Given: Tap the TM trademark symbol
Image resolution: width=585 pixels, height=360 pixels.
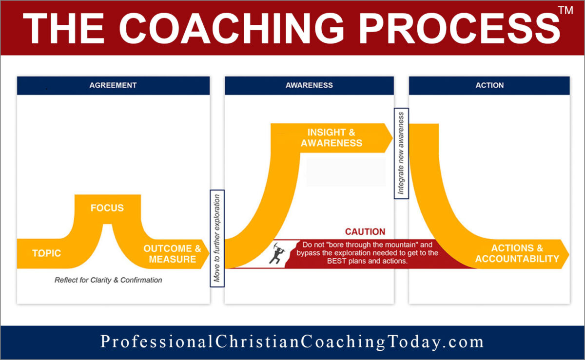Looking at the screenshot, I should (x=565, y=12).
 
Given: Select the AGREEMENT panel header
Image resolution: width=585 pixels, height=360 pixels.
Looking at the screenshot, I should (x=113, y=85).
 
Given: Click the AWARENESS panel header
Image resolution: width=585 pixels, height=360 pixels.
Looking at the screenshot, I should (x=309, y=85).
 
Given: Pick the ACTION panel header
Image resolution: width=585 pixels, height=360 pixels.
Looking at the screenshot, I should (x=489, y=85).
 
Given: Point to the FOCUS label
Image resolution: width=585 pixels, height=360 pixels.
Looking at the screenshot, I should (x=107, y=208).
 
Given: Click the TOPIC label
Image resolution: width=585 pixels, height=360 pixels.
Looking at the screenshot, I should (x=47, y=253).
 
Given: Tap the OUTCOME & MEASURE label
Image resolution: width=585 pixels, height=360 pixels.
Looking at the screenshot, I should (x=172, y=254).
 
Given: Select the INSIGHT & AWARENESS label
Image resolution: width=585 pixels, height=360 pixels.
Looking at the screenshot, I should (x=331, y=137).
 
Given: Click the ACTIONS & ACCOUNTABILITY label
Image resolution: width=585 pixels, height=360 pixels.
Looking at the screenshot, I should (x=517, y=254).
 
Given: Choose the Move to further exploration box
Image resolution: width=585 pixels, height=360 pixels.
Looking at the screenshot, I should (x=217, y=238).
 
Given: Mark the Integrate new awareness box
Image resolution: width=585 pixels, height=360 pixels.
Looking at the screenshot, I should (x=401, y=153).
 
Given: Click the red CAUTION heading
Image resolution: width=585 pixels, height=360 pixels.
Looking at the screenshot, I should (x=365, y=232).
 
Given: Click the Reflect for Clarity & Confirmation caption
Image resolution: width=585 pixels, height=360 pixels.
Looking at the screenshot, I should (x=108, y=280).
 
